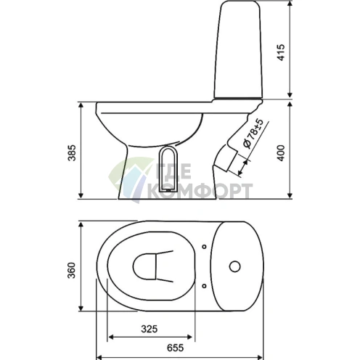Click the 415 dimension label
pyautogui.click(x=281, y=52)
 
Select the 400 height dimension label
pyautogui.click(x=281, y=153)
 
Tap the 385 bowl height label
pyautogui.click(x=72, y=153)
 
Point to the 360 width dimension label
pyautogui.click(x=72, y=270)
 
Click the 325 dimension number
pyautogui.click(x=150, y=329)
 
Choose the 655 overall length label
pyautogui.click(x=175, y=348)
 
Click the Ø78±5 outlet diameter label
pyautogui.click(x=253, y=134)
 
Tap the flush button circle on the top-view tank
pyautogui.click(x=234, y=266)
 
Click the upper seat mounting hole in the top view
pyautogui.click(x=204, y=247)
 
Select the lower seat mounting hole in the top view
pyautogui.click(x=204, y=286)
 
